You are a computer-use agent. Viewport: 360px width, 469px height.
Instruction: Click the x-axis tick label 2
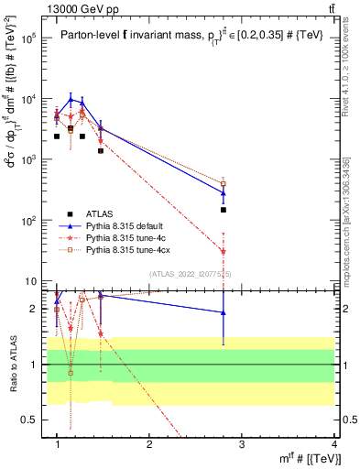[x=150, y=445]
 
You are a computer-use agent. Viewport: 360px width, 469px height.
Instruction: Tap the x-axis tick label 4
[x=334, y=445]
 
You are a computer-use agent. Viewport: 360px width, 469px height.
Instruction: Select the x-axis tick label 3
[x=243, y=445]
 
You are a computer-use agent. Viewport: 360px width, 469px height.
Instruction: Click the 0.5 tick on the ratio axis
[x=29, y=420]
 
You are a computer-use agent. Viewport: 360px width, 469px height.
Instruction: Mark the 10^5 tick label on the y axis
[x=27, y=38]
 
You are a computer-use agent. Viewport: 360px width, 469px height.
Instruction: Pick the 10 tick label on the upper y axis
[x=29, y=281]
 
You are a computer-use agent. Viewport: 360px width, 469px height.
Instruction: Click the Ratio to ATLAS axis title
[x=12, y=364]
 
